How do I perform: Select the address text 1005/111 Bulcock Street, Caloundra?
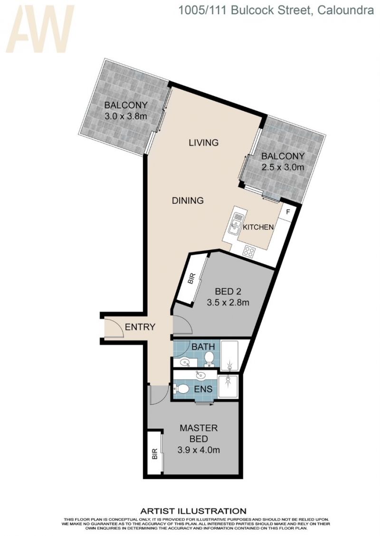(276, 10)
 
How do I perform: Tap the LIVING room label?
(204, 142)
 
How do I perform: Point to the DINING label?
(188, 200)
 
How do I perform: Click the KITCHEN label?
(258, 227)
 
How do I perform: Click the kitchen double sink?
(236, 224)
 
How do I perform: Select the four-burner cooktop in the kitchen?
(249, 252)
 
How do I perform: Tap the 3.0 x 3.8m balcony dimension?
(126, 116)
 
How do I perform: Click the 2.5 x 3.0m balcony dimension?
(283, 167)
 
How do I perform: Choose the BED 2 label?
(228, 292)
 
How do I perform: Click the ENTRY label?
(140, 327)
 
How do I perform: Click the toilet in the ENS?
(181, 388)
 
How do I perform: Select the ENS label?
(203, 388)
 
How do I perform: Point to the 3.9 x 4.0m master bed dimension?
(199, 450)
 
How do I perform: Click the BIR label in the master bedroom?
(154, 453)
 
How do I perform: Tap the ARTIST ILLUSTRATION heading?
(193, 511)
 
